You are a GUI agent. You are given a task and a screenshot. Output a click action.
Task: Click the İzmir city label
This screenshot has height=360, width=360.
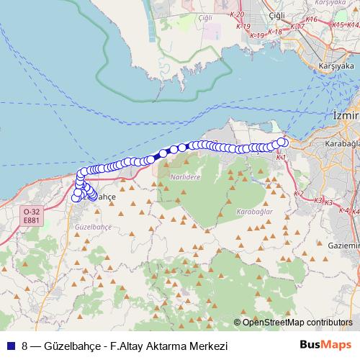346,115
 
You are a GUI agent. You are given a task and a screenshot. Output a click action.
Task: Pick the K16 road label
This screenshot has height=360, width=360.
312,19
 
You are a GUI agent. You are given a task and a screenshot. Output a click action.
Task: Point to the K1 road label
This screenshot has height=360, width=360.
282,156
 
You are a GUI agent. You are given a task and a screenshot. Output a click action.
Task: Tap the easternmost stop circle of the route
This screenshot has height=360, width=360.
284,143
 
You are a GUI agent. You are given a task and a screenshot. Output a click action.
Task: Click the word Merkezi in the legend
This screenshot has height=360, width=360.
207,346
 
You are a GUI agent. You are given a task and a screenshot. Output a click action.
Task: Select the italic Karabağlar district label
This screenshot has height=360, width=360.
253,212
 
